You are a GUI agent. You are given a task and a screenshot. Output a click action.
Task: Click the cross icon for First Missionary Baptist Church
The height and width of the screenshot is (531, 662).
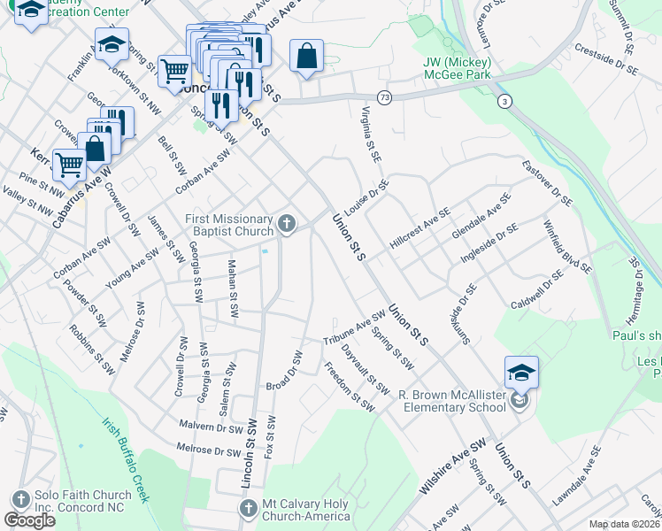point(287,225)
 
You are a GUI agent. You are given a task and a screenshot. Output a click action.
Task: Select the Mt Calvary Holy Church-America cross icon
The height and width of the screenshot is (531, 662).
point(248,508)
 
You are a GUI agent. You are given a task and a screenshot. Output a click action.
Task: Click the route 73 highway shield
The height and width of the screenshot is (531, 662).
point(383,96)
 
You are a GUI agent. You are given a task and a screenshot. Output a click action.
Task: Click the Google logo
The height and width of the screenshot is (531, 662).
point(29,520)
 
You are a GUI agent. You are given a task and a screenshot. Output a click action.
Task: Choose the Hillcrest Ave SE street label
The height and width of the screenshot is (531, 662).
point(422,225)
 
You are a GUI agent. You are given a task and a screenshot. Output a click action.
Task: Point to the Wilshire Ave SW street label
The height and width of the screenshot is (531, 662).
point(453,466)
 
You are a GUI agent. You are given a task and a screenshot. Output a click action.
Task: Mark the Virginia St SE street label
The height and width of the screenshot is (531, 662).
point(371,134)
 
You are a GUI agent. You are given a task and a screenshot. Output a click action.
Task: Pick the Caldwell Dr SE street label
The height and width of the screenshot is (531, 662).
point(537,294)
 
